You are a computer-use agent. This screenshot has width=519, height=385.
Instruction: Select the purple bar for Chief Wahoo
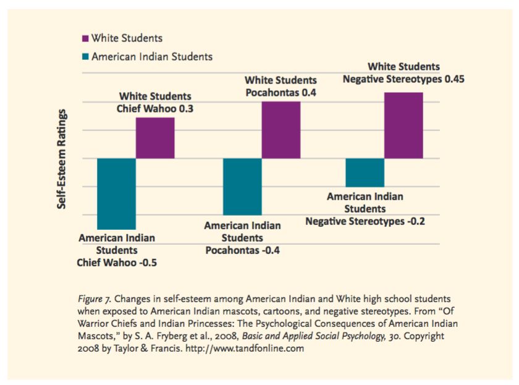[155, 138]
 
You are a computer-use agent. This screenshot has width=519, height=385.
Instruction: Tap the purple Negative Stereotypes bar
[403, 125]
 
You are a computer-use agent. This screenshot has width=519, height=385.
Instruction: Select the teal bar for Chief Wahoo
[116, 193]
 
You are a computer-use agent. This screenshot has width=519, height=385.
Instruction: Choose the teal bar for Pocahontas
[242, 186]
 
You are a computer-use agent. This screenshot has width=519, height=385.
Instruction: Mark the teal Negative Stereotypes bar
[365, 172]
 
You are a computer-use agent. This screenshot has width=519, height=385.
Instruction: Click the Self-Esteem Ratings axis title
[62, 159]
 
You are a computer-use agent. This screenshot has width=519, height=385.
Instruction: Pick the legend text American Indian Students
[152, 57]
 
